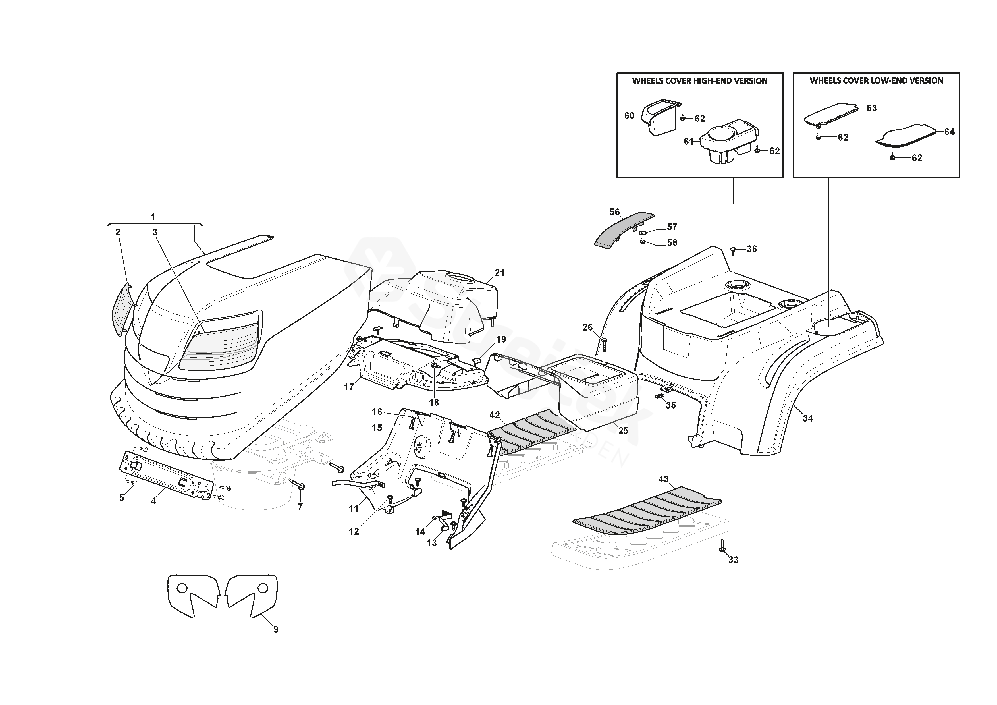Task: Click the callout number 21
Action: coord(500,273)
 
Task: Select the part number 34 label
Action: coord(808,418)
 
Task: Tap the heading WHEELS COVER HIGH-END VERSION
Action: coord(699,81)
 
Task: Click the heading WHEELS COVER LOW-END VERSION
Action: coord(876,80)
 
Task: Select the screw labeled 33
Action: coord(723,546)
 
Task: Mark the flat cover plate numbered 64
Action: coord(906,136)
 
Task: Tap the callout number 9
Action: coord(276,629)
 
